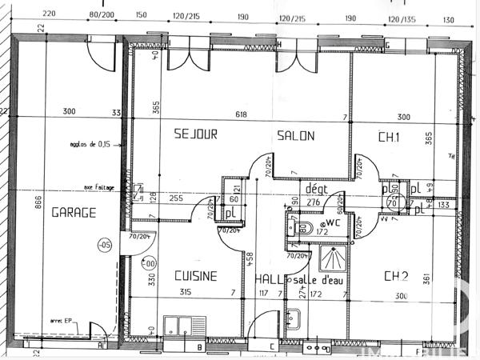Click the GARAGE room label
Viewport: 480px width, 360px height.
pos(74,213)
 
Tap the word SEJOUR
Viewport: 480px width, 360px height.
pos(195,135)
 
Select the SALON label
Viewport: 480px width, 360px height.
pos(296,135)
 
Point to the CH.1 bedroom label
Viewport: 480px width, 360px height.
pos(389,138)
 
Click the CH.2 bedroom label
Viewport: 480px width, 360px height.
pos(396,277)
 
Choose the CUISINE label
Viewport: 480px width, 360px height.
pos(195,276)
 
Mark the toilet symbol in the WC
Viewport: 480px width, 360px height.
pos(302,228)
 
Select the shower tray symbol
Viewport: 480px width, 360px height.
pos(328,258)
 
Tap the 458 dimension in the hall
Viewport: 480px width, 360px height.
pos(250,258)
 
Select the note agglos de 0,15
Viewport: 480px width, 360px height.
pos(89,145)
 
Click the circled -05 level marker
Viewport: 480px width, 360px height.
pos(104,246)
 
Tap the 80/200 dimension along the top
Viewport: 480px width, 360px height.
pos(102,14)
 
